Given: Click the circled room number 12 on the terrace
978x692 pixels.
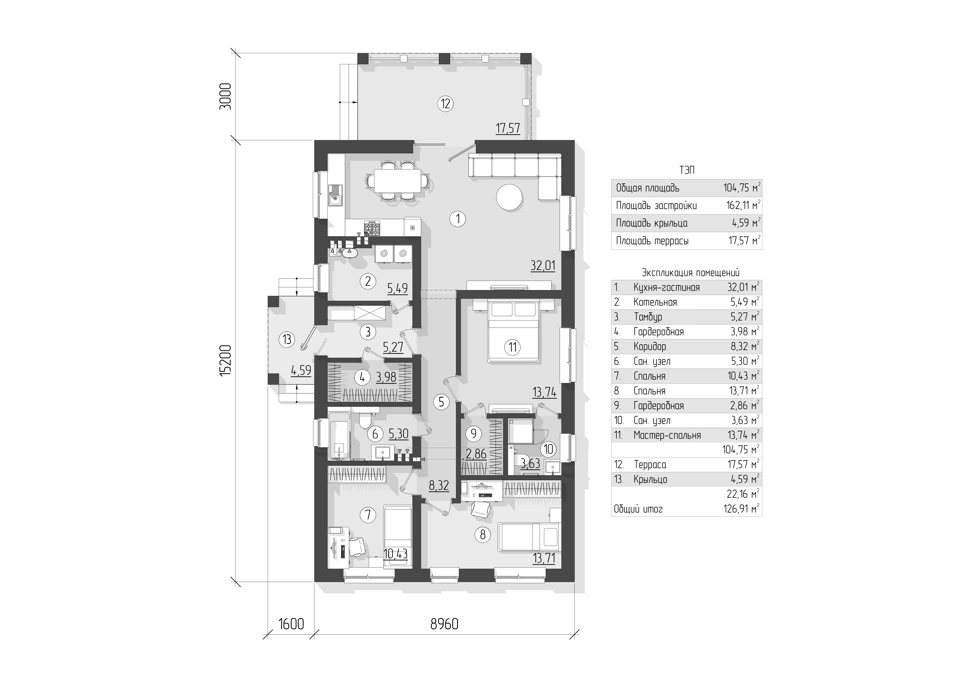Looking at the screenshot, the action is (446, 104).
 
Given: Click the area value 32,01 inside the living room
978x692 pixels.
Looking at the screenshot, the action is (543, 266).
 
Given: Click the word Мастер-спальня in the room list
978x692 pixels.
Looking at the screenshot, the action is (667, 435).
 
